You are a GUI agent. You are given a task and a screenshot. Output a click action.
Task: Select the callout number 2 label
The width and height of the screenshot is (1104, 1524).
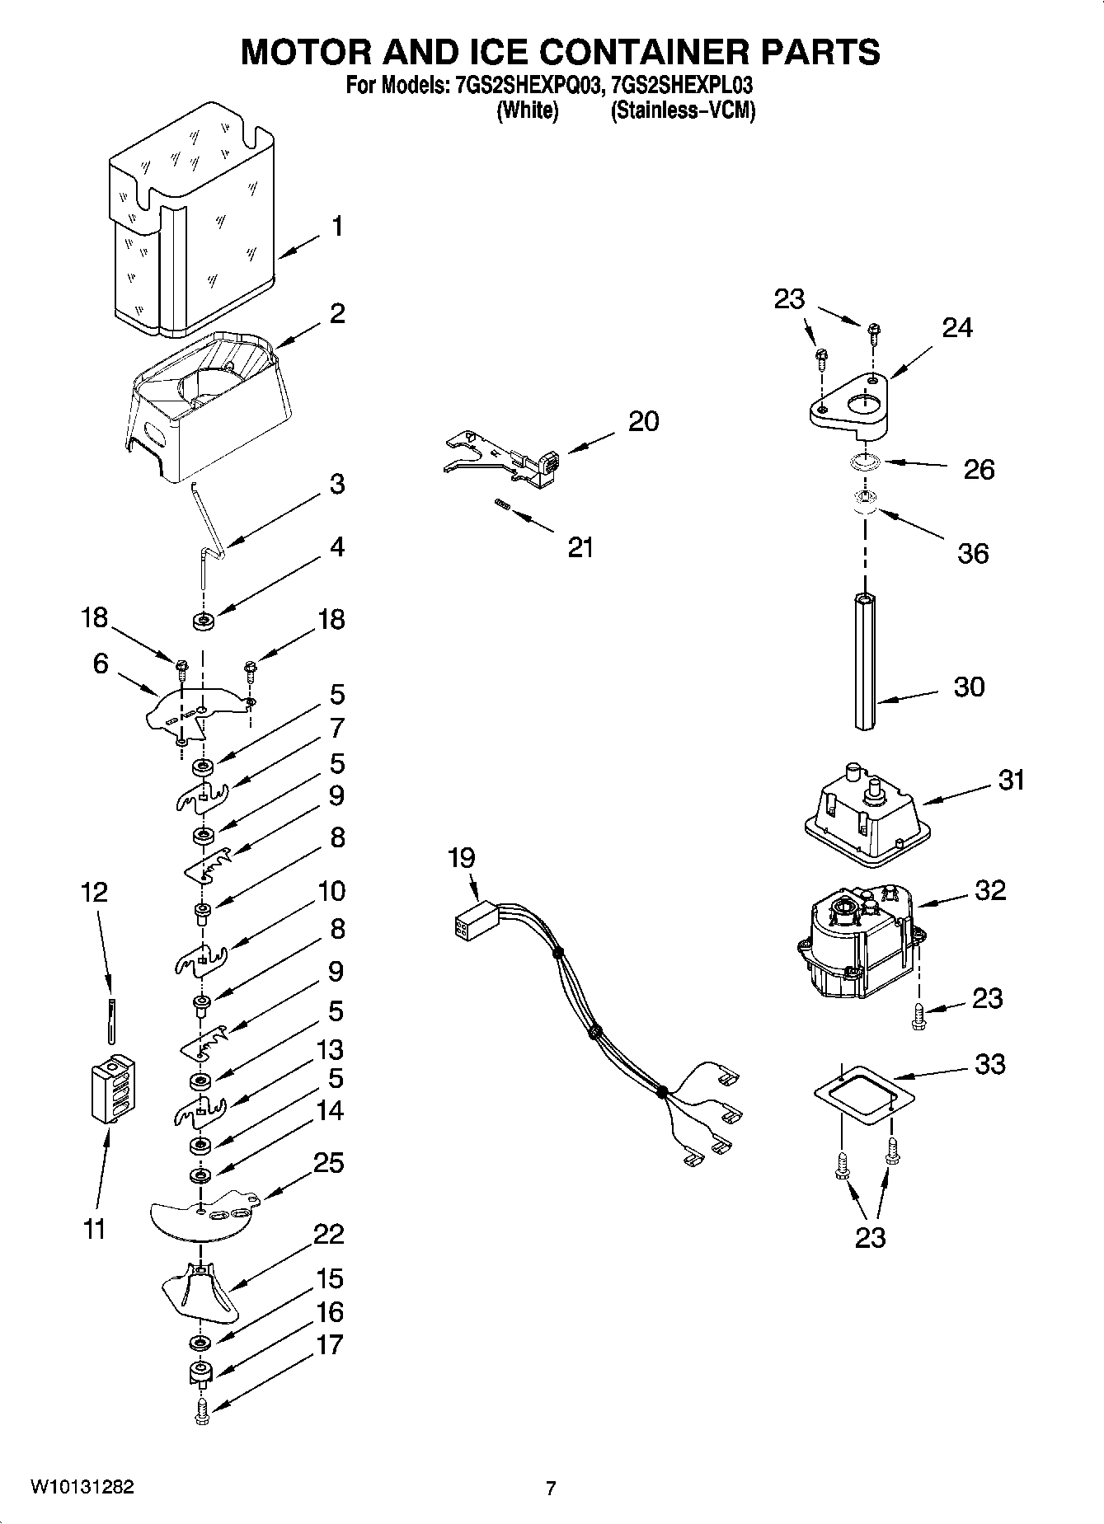pyautogui.click(x=336, y=313)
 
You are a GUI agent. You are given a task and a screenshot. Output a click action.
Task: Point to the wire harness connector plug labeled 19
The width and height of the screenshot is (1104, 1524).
pyautogui.click(x=473, y=923)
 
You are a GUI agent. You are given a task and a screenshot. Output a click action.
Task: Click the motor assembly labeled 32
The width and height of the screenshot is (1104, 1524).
pyautogui.click(x=857, y=940)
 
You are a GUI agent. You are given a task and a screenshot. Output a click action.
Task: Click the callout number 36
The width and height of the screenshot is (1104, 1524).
pyautogui.click(x=972, y=553)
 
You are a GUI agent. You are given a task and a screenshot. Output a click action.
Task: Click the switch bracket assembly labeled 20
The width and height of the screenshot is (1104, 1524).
pyautogui.click(x=503, y=460)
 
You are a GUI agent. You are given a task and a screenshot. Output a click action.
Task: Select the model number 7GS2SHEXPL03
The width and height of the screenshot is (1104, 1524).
pyautogui.click(x=681, y=86)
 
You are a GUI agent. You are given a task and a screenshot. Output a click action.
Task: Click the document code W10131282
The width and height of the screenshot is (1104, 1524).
pyautogui.click(x=82, y=1487)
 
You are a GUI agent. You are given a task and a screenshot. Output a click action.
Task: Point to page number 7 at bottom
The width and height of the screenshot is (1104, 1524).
pyautogui.click(x=551, y=1488)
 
